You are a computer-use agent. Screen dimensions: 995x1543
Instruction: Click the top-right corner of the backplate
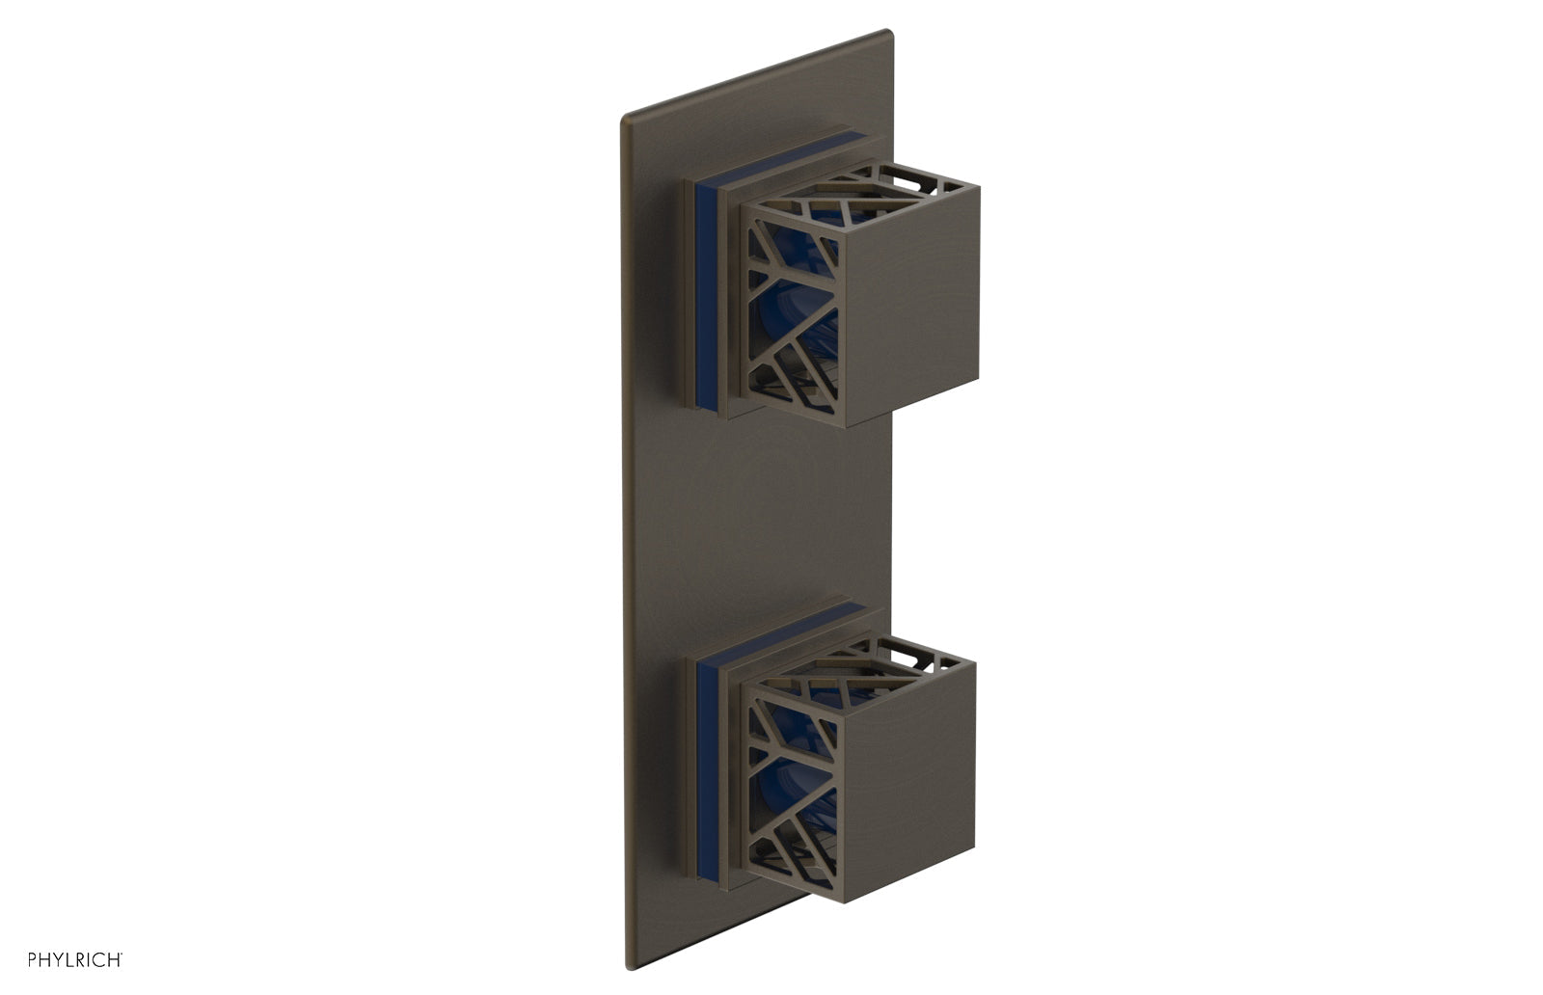[x=889, y=34]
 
